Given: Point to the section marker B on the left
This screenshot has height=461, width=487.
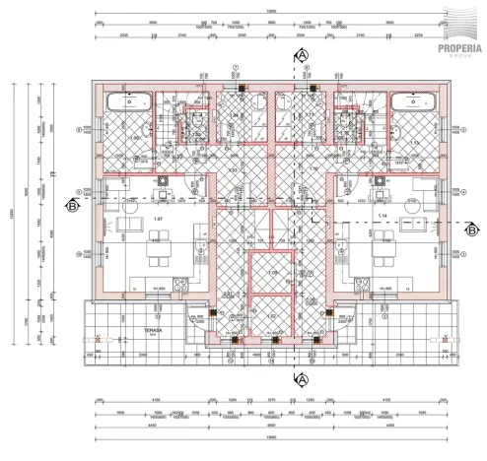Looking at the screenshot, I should pos(71,206).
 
